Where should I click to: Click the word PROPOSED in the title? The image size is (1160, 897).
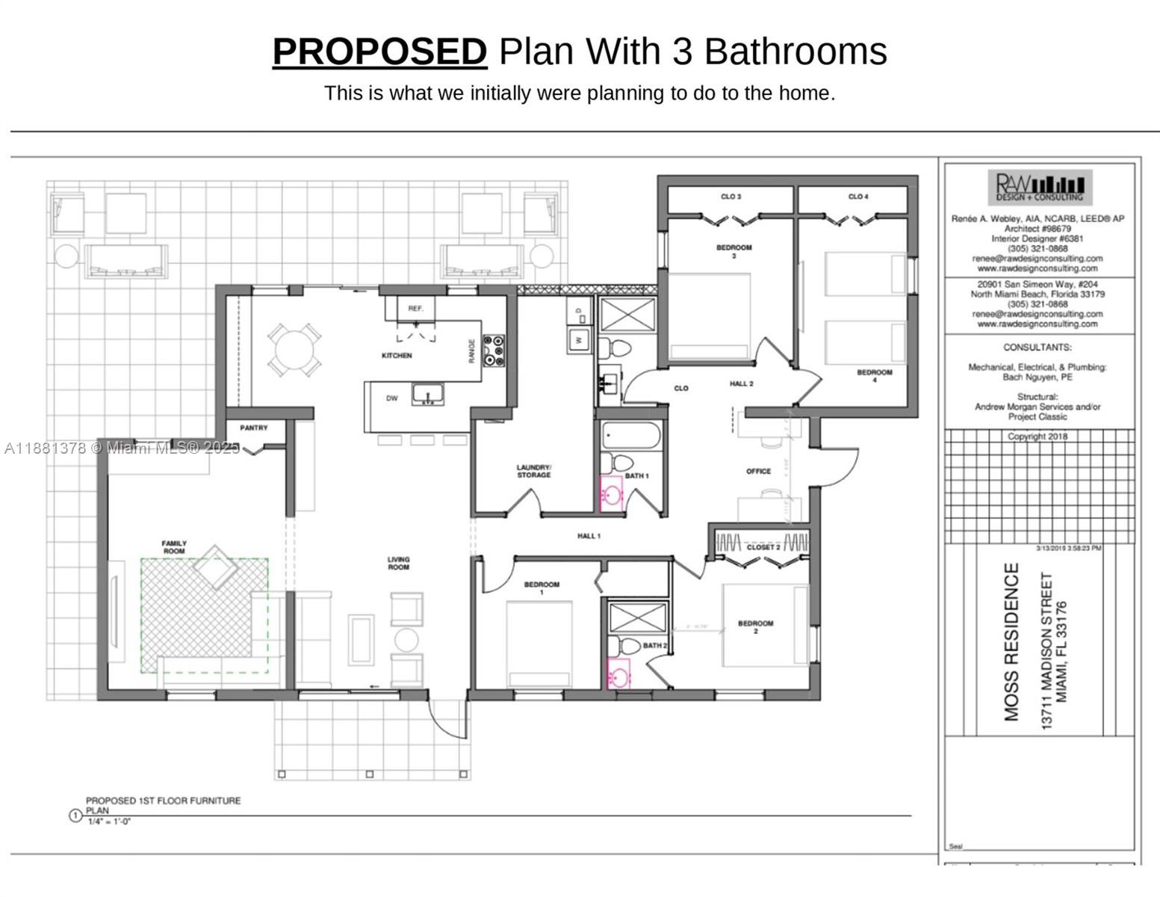click(x=379, y=52)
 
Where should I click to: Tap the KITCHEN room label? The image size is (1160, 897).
click(x=397, y=356)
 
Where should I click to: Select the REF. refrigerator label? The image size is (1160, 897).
click(x=415, y=309)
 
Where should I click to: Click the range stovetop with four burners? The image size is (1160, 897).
click(x=494, y=351)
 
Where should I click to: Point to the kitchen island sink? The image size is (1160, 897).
click(x=428, y=393)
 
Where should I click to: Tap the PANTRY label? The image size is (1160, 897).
click(x=254, y=428)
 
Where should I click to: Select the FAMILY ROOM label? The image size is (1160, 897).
click(x=174, y=547)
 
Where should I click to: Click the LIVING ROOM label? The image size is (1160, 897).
click(x=398, y=564)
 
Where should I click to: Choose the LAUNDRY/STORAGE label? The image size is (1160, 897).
click(x=533, y=471)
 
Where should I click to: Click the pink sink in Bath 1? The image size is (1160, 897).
click(x=612, y=496)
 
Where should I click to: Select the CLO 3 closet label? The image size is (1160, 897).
click(x=731, y=197)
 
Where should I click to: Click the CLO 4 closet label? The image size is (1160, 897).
click(x=858, y=197)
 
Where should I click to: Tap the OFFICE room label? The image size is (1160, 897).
click(x=758, y=472)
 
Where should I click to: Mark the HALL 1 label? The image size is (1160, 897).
click(x=589, y=536)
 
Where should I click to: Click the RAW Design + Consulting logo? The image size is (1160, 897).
click(x=1040, y=187)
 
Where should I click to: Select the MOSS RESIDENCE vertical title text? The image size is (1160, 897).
click(x=1011, y=641)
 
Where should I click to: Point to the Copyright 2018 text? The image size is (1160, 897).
click(x=1038, y=437)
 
